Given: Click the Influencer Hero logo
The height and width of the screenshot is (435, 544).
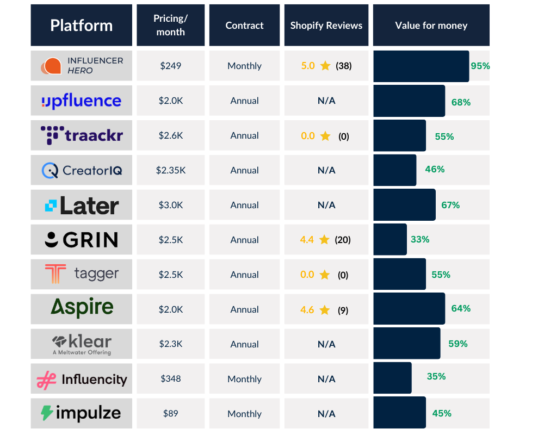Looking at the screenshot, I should pos(82,66).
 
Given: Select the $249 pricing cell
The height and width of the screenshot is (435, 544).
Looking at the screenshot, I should pos(170,66).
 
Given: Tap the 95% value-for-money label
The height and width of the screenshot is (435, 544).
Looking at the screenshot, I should pos(480,66).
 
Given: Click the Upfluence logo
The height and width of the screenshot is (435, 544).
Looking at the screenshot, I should pos(82,101).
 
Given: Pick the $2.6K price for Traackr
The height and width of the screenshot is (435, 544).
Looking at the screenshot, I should pos(170,135).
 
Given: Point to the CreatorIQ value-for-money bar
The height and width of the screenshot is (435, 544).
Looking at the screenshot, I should pos(394,170).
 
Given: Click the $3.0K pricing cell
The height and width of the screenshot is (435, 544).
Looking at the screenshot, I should pos(170,205).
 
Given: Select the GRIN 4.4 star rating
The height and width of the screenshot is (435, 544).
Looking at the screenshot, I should pos(307,240).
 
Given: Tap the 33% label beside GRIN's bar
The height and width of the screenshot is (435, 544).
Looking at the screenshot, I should pos(420,239).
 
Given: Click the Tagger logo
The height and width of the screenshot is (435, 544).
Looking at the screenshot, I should pos(82,275).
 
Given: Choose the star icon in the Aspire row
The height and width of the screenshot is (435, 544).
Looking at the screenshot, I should pos(325,310).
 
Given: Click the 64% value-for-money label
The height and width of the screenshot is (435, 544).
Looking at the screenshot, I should pos(461,309).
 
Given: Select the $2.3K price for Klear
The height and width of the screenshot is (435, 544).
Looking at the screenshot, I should pos(170,344).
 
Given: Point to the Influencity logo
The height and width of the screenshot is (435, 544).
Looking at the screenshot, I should pos(82,379).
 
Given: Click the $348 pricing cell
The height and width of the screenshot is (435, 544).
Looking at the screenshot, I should pos(170,379).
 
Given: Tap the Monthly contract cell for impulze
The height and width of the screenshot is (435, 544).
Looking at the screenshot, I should pos(244,414).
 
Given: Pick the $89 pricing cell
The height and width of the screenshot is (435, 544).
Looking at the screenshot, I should pos(170,414).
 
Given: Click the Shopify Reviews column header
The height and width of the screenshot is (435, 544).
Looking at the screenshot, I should pos(326,26).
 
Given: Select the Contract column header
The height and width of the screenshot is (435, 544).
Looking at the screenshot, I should pos(244,26).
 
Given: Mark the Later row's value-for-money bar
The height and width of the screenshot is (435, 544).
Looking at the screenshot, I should pos(404,205).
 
